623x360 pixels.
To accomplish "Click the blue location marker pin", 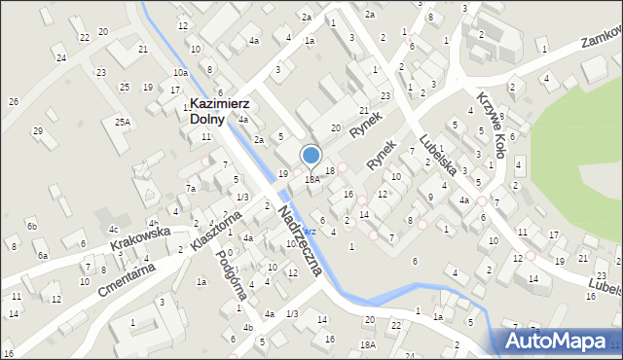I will point(311,157).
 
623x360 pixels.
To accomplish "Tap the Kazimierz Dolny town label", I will point(221,111).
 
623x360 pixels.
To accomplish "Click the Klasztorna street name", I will point(216,232).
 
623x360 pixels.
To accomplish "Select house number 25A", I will point(122,122).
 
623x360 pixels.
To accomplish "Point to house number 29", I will point(38,131).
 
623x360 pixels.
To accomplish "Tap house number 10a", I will point(180,72).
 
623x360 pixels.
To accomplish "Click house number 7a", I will point(192,188).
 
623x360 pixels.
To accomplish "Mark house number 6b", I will point(32,226).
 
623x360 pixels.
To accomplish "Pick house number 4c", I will point(114,230).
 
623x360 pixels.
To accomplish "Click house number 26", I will point(13,101).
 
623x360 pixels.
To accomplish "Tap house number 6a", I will point(43,255).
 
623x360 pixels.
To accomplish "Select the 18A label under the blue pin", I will point(312,179).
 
